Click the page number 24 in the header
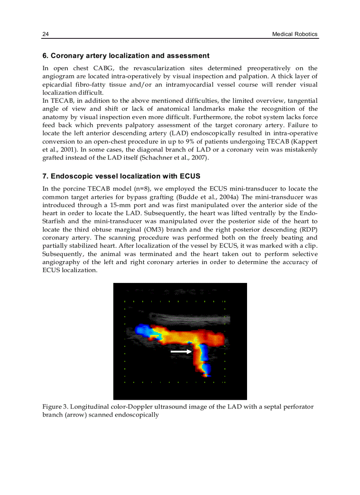tap(45, 34)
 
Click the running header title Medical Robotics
tap(295, 34)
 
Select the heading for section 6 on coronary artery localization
tap(126, 56)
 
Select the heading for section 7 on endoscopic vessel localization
tap(121, 176)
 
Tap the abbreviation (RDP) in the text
tap(307, 230)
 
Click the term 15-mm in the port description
tap(135, 205)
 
